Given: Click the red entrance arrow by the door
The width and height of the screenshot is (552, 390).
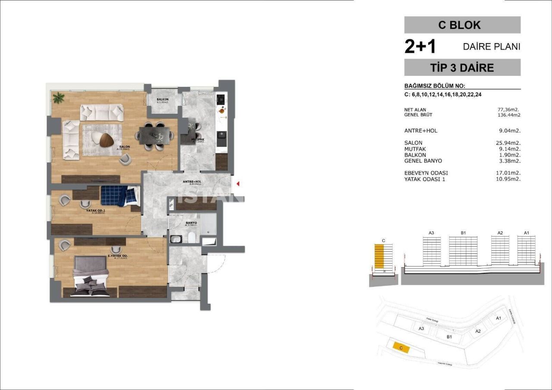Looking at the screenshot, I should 237,184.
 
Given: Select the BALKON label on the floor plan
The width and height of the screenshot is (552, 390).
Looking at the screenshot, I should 163,100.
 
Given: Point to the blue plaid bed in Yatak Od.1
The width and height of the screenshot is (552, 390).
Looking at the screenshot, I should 120,196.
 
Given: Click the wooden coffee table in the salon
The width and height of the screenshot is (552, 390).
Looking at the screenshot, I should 107,139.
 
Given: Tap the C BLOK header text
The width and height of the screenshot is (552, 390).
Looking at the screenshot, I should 462,25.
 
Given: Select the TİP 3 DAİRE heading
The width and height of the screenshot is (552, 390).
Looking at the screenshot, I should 462,68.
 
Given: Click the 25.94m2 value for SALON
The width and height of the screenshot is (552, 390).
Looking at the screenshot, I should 509,143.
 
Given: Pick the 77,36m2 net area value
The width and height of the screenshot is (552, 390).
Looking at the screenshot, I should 509,109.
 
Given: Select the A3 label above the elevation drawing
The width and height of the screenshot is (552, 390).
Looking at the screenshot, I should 431,233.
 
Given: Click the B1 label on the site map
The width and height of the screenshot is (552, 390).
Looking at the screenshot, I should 449,337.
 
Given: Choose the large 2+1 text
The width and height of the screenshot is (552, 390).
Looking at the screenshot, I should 420,47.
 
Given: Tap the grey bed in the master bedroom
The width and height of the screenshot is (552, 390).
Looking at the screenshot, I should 91,276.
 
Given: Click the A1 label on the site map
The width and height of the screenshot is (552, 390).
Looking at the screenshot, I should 498,318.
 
